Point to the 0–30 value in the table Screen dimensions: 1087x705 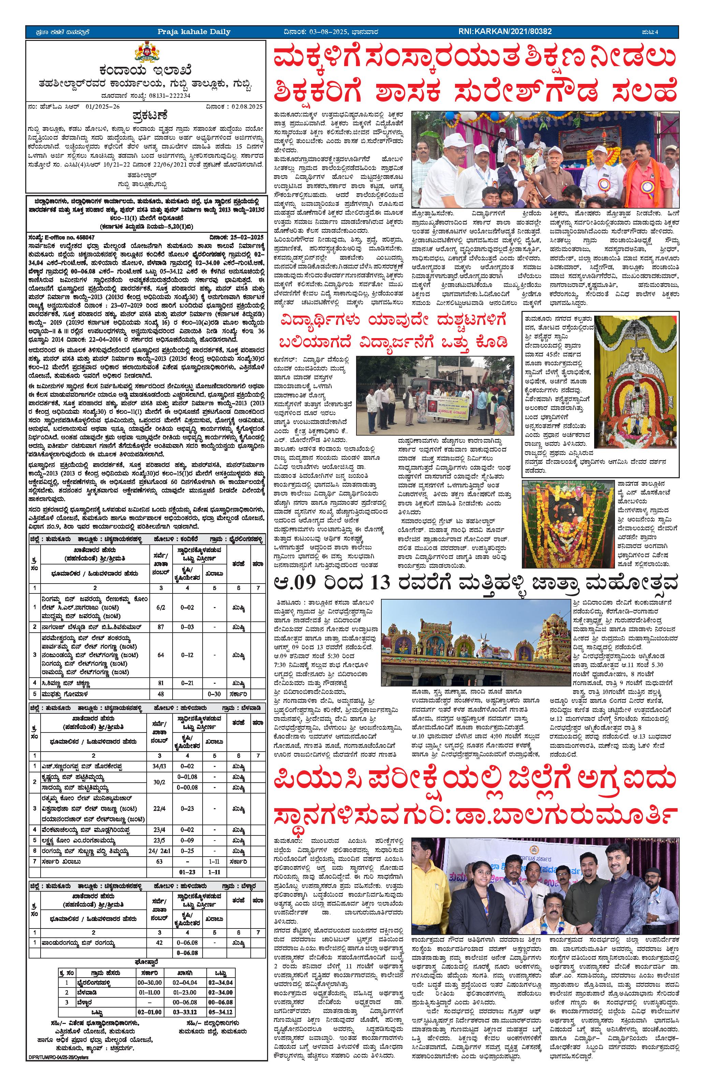(214, 694)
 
